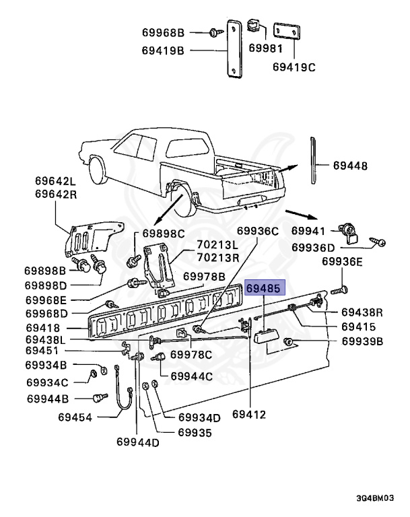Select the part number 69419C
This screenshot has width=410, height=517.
(x=293, y=67)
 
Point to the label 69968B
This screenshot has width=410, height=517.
(x=163, y=32)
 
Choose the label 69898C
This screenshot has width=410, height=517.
(x=162, y=234)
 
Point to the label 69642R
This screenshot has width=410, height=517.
(x=57, y=195)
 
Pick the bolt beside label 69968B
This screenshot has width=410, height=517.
(x=213, y=32)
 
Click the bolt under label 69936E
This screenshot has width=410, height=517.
(x=338, y=291)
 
